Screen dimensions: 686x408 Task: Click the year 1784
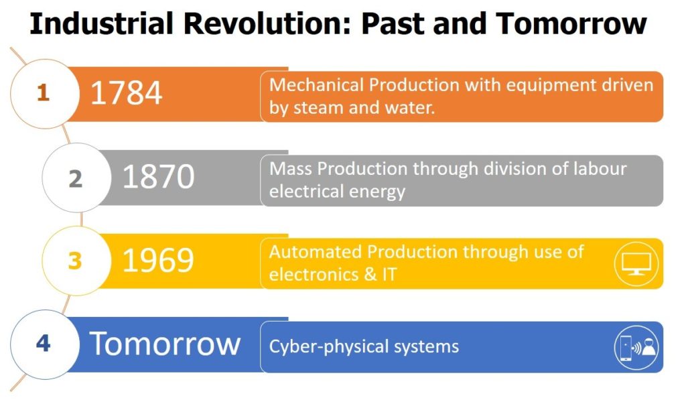[x=126, y=93]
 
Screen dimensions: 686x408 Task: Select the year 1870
[x=158, y=177]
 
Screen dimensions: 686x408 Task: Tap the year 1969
[x=158, y=260]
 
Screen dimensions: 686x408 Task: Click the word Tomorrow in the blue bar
[x=165, y=344]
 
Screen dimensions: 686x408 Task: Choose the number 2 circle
[x=76, y=178]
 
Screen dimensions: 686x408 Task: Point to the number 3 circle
[x=76, y=261]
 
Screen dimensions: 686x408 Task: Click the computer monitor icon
[x=636, y=264]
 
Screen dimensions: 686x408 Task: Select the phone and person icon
[x=636, y=348]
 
